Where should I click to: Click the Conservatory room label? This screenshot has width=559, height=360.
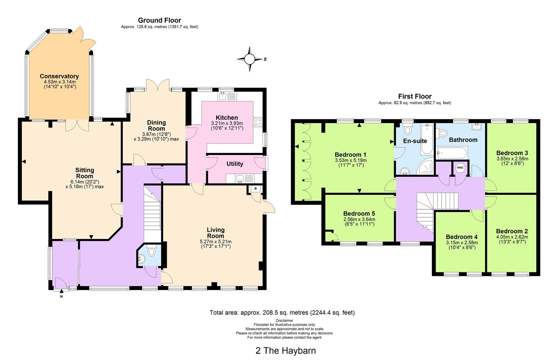click(59, 76)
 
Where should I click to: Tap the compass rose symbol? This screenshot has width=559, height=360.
click(250, 59)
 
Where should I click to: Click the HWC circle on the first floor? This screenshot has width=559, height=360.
click(460, 168)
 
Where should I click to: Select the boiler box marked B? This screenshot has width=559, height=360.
click(256, 189)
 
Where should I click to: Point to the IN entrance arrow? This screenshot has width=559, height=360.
click(61, 291)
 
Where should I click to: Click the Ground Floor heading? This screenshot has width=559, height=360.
click(160, 20)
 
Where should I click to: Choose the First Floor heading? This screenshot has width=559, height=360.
click(415, 96)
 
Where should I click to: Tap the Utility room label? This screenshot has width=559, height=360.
click(235, 164)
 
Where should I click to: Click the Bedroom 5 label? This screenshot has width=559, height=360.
click(359, 213)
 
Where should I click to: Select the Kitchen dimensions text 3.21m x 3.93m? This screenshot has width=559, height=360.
click(227, 123)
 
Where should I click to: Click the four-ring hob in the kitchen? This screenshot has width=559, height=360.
click(258, 122)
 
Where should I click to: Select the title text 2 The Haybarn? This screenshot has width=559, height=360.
click(285, 351)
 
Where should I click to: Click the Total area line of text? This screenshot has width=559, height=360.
click(282, 313)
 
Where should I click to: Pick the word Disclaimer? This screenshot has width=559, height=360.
click(284, 321)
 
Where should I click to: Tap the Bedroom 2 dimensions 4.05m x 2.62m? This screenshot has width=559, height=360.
click(512, 237)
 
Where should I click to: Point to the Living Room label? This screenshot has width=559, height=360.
click(216, 233)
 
